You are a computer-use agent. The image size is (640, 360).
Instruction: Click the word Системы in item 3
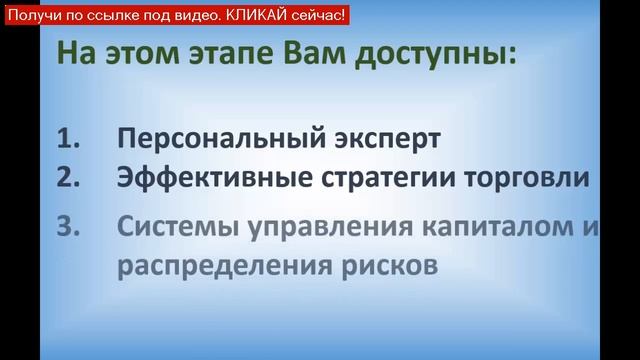[x=174, y=228]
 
